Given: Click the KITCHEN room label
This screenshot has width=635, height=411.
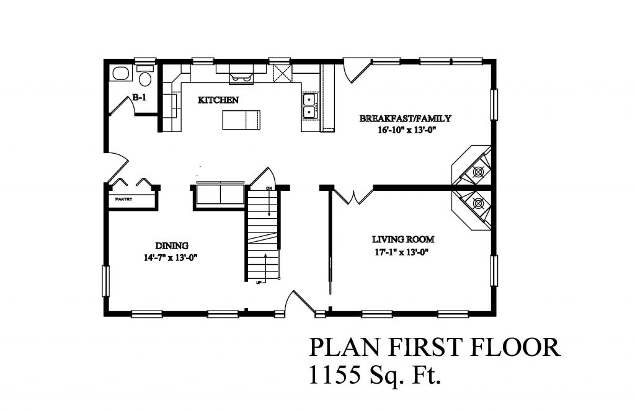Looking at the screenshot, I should [218, 100].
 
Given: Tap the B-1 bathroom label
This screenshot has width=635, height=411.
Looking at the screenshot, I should [139, 97].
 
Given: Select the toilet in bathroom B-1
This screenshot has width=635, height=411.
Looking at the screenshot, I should [145, 78].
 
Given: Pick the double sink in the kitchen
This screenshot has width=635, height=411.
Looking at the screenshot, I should [309, 106].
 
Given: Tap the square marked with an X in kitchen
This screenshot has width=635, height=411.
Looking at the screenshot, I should [282, 73].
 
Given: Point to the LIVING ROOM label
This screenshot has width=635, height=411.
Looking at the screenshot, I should [402, 239].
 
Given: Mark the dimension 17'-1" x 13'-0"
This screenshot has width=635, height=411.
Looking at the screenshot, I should [402, 252].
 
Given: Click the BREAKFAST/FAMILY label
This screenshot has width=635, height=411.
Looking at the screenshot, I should [406, 118].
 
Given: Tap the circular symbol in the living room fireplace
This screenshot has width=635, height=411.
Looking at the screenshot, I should [478, 202].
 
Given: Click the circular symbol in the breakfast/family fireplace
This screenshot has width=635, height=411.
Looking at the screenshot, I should [479, 171].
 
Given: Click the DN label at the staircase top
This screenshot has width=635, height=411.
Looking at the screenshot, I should [269, 187].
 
